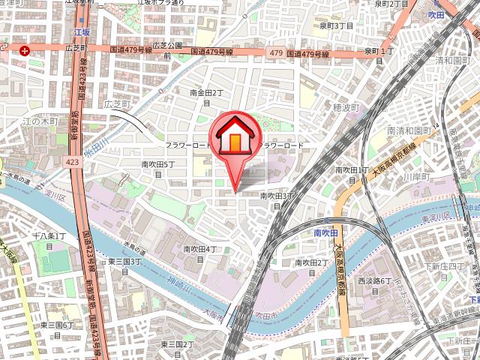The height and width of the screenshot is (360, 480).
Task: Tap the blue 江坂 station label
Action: tap(82, 33)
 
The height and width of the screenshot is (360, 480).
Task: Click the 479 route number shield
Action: tap(274, 52)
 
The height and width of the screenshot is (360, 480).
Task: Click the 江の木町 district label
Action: tap(39, 120)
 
